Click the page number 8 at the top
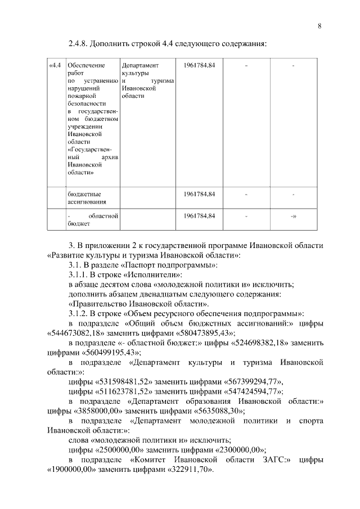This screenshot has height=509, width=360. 319,26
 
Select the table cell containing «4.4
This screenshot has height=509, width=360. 55,65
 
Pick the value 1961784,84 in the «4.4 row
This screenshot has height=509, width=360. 200,65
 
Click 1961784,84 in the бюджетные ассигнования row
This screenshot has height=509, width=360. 200,194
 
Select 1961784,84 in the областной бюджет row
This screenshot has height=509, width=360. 200,215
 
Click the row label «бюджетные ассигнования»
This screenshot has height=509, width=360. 84,198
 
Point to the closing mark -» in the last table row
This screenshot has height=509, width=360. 294,216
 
